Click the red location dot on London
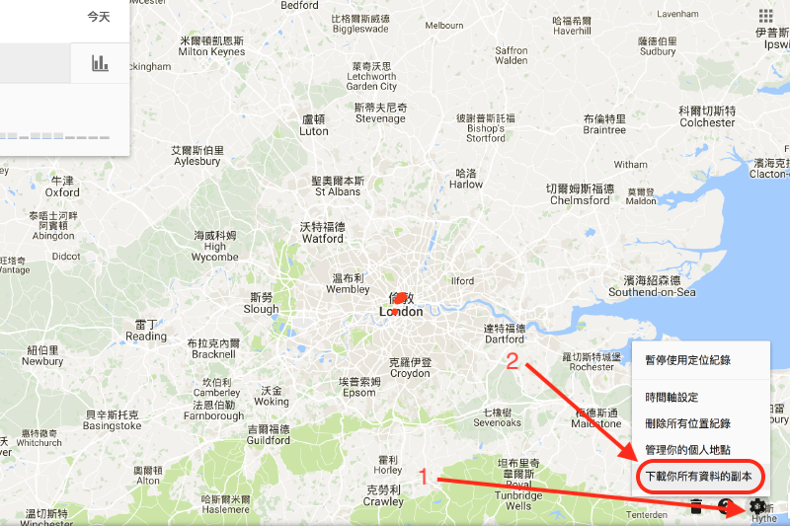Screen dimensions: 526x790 400,299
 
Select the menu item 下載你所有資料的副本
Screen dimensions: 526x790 698,476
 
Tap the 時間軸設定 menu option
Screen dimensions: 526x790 671,397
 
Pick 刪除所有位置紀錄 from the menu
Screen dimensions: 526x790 687,423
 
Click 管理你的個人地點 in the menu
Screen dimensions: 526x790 687,450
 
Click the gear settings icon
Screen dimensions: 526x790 758,506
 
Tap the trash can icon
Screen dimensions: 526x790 696,507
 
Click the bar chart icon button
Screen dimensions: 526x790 100,63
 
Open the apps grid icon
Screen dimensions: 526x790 765,16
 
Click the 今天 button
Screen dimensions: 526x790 99,17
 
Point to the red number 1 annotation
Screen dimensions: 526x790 424,477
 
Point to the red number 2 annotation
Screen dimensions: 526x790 513,361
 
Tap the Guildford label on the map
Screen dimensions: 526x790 268,434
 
